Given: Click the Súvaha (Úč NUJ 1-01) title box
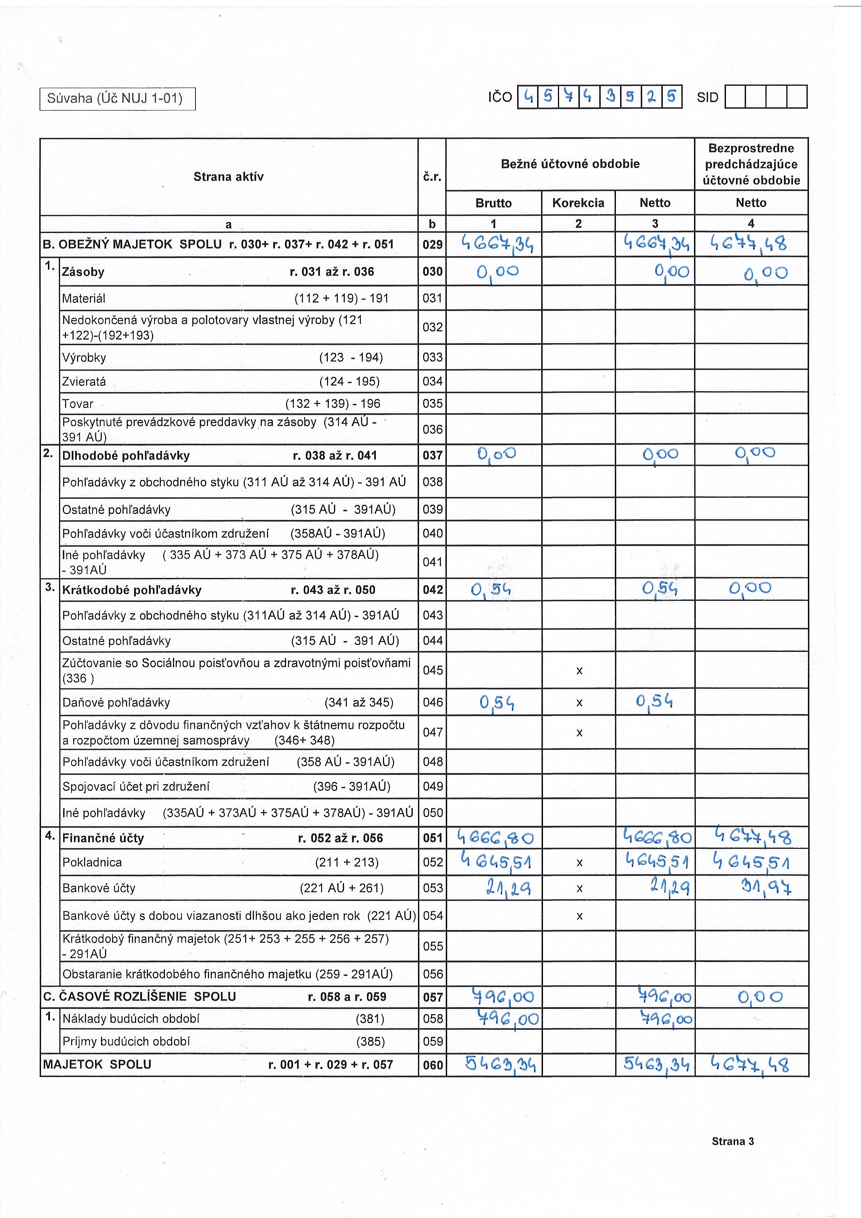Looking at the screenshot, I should pyautogui.click(x=117, y=99).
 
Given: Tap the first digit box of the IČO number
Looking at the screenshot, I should pyautogui.click(x=527, y=97).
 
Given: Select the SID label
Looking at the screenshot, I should pyautogui.click(x=707, y=98).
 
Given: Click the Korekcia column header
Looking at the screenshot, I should pyautogui.click(x=578, y=202).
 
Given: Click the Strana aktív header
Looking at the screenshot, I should pyautogui.click(x=228, y=177).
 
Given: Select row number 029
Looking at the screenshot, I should pyautogui.click(x=432, y=245).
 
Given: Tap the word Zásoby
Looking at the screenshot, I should pyautogui.click(x=83, y=272).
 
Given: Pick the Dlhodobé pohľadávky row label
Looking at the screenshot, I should pyautogui.click(x=126, y=456).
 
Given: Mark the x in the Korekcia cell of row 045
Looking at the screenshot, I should pyautogui.click(x=579, y=671).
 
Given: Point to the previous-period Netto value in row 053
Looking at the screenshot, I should pyautogui.click(x=766, y=887).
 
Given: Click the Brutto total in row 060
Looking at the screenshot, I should pyautogui.click(x=500, y=1064).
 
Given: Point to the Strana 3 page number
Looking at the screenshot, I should pyautogui.click(x=732, y=1142).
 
